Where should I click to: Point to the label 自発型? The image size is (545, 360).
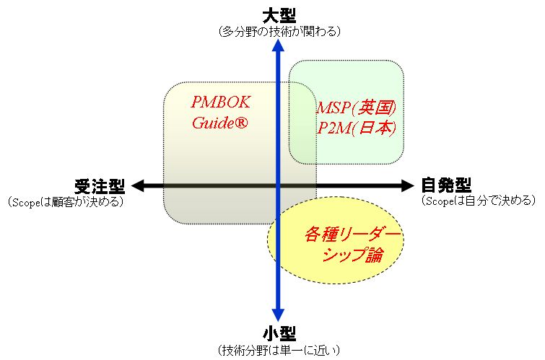point(446,186)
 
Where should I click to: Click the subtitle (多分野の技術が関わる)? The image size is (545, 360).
point(279,32)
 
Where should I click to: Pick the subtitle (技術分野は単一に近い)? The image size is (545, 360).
point(279,350)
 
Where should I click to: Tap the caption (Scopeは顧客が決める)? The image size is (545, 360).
point(66,201)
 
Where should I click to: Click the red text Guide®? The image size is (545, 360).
point(220,123)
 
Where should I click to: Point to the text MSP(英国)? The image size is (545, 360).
point(357,108)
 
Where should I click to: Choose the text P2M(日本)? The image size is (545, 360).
point(357,128)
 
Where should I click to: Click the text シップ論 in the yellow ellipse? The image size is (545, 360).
point(352,255)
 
